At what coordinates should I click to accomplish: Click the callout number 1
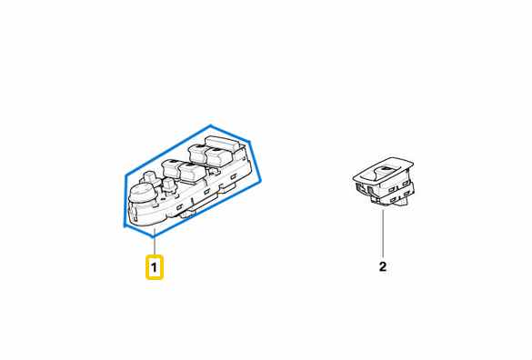click(154, 267)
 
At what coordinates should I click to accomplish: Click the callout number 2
click(383, 266)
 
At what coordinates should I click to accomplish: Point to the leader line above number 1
click(155, 242)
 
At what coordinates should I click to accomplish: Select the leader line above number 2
click(383, 233)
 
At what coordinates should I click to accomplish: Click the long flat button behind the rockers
click(222, 143)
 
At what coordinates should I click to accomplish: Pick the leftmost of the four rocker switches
click(173, 168)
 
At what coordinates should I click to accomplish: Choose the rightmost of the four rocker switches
click(219, 156)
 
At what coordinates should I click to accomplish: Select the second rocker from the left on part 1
click(191, 173)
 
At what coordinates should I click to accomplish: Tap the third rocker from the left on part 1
click(198, 153)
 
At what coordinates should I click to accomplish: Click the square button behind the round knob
click(149, 176)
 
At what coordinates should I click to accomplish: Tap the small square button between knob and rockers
click(168, 185)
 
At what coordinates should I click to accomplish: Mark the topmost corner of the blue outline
click(211, 125)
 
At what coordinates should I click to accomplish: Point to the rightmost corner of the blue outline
click(261, 182)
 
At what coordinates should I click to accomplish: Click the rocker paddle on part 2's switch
click(384, 173)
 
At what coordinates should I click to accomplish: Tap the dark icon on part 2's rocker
click(386, 168)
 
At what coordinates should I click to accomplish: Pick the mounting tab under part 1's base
click(187, 215)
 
